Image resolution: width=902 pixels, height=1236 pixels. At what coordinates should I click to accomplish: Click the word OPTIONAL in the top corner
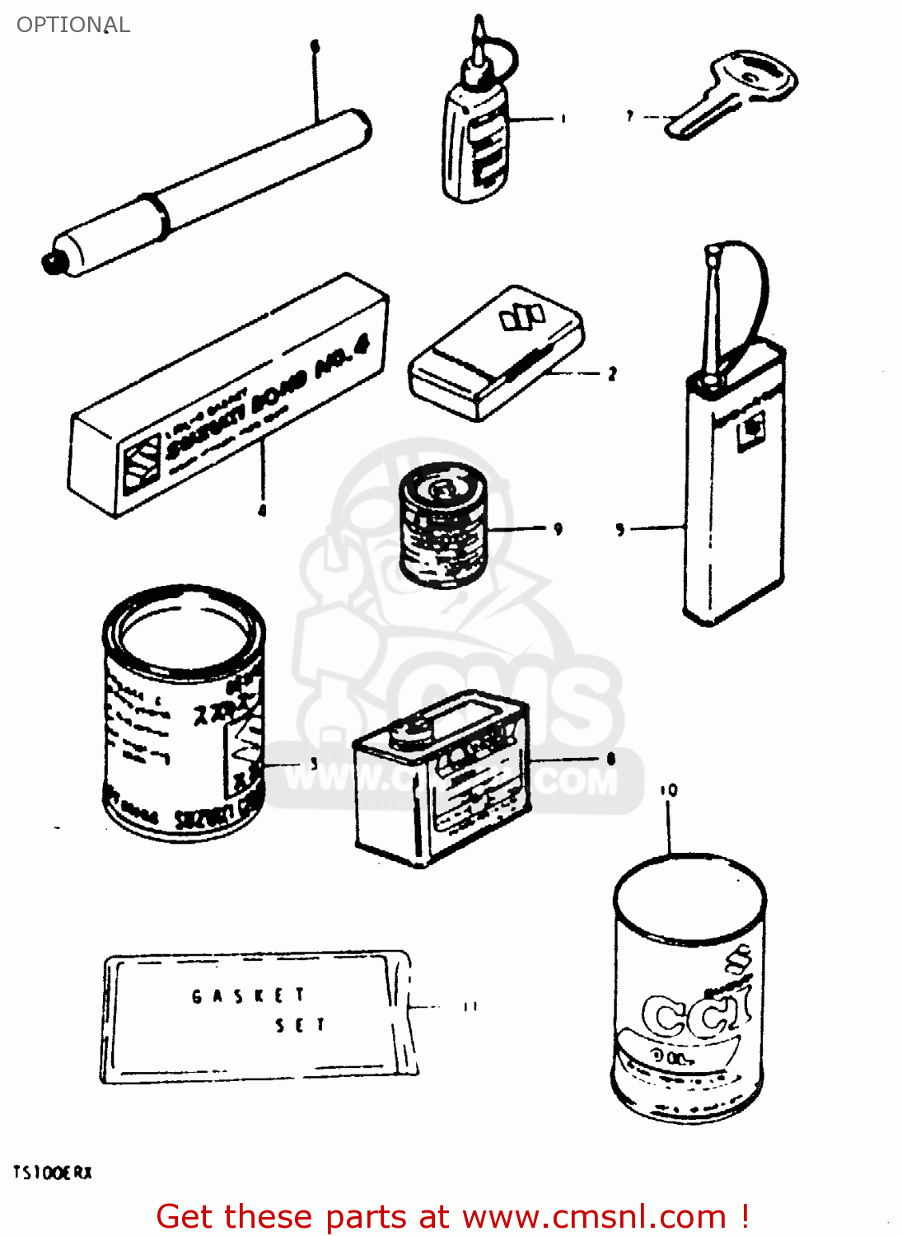[x=72, y=25]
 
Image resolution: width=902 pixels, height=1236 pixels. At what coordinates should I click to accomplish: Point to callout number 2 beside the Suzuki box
[x=612, y=374]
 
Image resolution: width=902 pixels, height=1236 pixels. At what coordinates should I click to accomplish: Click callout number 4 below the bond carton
[x=262, y=511]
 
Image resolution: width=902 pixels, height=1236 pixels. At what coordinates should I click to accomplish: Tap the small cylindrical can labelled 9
[x=442, y=525]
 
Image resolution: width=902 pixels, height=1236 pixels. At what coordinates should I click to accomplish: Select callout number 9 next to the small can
[x=558, y=528]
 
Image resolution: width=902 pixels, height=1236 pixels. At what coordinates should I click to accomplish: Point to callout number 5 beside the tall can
[x=620, y=529]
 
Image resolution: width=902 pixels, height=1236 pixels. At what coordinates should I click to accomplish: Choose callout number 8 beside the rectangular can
[x=610, y=759]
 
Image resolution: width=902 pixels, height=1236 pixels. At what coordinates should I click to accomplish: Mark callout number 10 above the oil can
[x=668, y=790]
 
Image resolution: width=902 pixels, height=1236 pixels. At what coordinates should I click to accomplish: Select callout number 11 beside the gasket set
[x=470, y=1006]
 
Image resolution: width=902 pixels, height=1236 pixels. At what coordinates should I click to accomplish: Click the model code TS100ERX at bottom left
[x=53, y=1172]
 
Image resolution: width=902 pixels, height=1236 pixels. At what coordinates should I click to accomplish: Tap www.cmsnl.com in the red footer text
[x=594, y=1216]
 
